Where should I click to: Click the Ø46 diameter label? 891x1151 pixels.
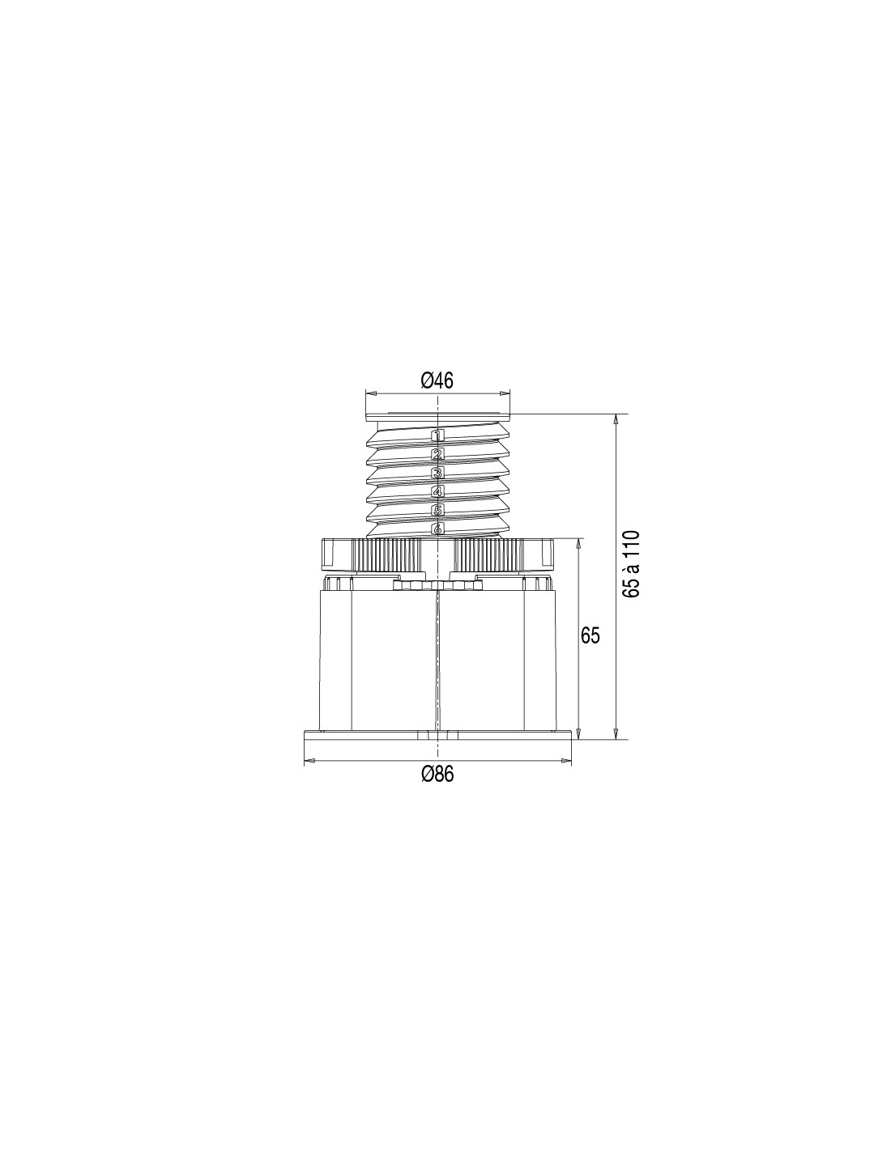437,380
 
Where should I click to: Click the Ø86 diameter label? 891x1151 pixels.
438,775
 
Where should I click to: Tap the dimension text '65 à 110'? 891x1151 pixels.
631,565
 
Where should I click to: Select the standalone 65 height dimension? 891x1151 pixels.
590,635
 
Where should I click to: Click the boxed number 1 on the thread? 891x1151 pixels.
437,436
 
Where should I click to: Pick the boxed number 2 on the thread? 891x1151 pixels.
437,454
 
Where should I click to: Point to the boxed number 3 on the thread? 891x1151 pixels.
437,473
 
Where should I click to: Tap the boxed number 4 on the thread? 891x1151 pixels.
437,491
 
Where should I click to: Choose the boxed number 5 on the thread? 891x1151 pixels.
437,511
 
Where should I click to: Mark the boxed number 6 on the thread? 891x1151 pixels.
437,529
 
